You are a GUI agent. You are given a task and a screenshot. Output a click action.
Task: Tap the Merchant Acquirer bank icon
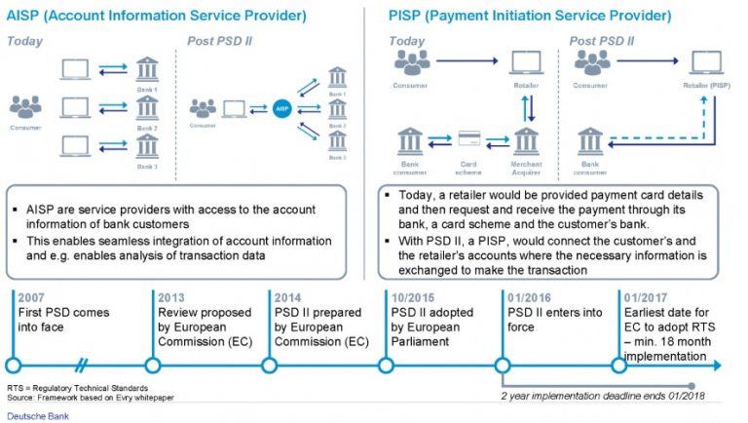(527, 142)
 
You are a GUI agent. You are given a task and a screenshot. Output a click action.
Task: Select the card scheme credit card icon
(467, 140)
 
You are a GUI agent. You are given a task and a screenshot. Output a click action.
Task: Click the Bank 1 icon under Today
(147, 68)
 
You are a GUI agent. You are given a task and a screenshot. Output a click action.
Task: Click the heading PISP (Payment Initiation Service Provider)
(530, 17)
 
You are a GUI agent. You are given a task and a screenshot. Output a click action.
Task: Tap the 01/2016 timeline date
(528, 298)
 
